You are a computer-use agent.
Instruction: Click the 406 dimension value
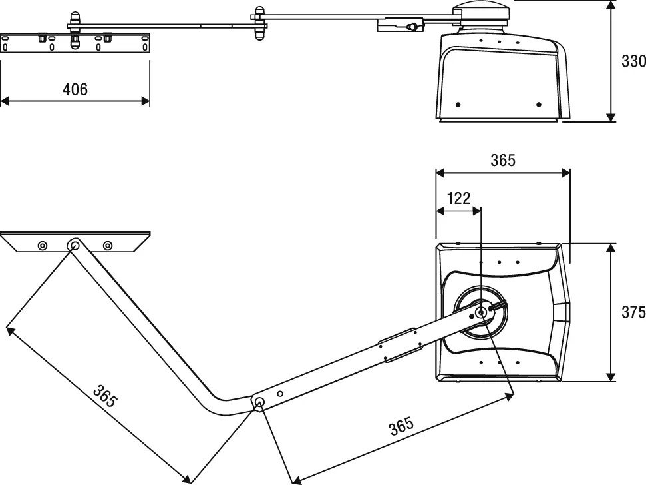75,89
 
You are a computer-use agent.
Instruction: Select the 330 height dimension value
633,61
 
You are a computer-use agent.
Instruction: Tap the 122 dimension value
458,197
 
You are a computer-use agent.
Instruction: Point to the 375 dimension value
633,312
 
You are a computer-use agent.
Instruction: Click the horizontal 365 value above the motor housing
502,160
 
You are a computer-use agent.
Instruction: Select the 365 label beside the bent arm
104,396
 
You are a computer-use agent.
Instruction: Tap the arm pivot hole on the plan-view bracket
73,246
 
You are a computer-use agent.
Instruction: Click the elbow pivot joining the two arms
259,402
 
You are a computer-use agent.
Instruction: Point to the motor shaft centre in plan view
480,312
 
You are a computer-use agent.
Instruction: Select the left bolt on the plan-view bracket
43,246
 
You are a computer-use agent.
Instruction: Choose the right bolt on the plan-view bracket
107,246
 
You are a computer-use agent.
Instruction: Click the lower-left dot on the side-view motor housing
458,105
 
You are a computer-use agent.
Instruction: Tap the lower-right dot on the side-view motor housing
539,105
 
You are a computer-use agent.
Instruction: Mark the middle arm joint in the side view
259,21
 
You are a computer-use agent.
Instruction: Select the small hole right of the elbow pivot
281,394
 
